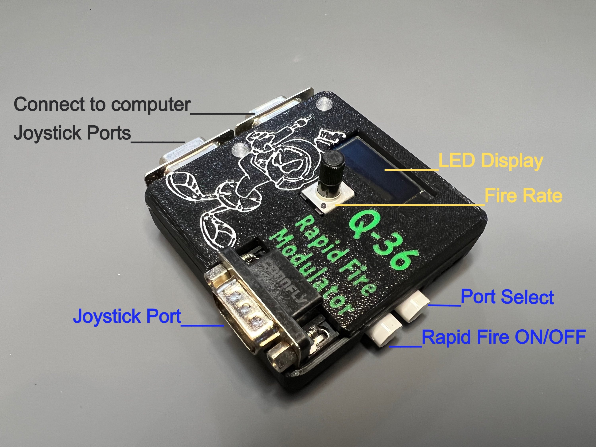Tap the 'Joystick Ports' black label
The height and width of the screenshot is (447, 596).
[x=72, y=133]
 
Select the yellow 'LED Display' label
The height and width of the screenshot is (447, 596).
[x=490, y=161]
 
